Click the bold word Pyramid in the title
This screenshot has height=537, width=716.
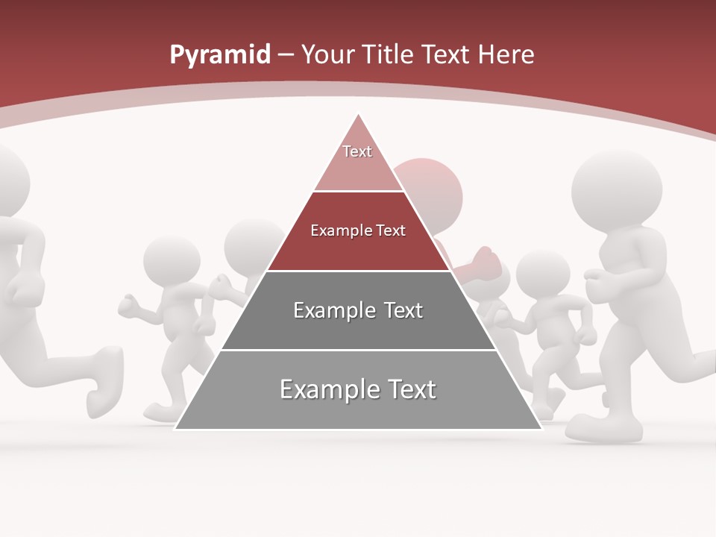[x=219, y=55]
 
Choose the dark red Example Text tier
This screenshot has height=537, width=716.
[x=358, y=231]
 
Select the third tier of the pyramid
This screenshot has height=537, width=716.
[x=358, y=310]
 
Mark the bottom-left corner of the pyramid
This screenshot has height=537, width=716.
[x=176, y=428]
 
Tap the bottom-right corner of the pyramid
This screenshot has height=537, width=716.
[x=541, y=428]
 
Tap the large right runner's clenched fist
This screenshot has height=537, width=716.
[x=597, y=282]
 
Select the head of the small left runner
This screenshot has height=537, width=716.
[x=171, y=259]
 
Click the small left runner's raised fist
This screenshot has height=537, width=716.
[x=128, y=305]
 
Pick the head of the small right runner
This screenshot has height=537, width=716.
[x=542, y=272]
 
